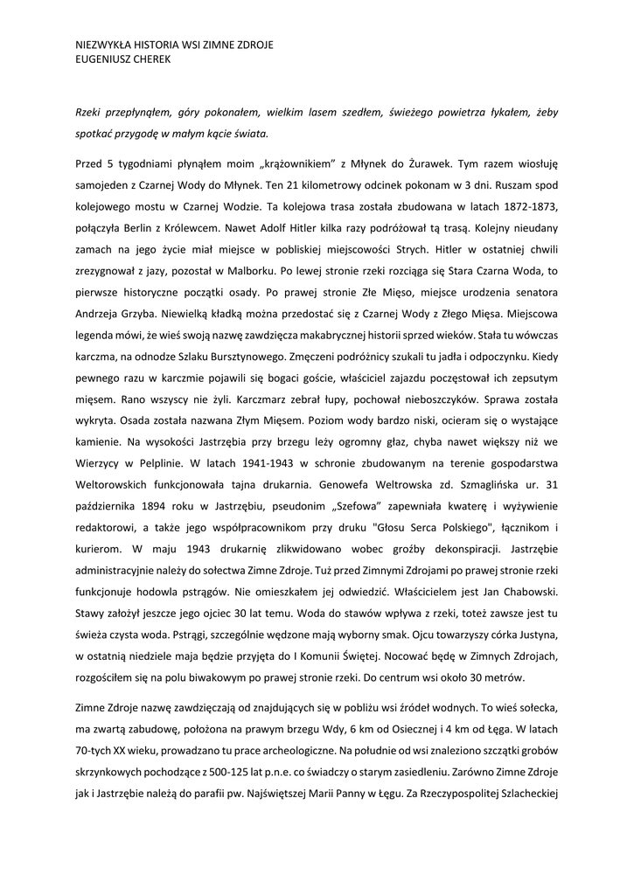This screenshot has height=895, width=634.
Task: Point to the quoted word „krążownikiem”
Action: pyautogui.click(x=279, y=163)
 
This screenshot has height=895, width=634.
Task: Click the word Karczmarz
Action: pyautogui.click(x=272, y=396)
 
